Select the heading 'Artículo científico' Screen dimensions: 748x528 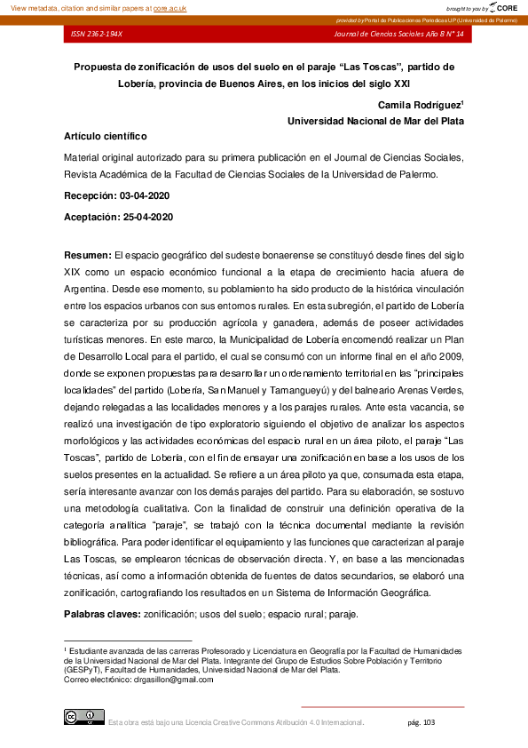click(x=106, y=137)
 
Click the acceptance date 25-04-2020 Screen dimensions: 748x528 click(x=145, y=217)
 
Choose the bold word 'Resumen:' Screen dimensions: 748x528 click(x=87, y=255)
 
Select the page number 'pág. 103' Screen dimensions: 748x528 click(x=421, y=722)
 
